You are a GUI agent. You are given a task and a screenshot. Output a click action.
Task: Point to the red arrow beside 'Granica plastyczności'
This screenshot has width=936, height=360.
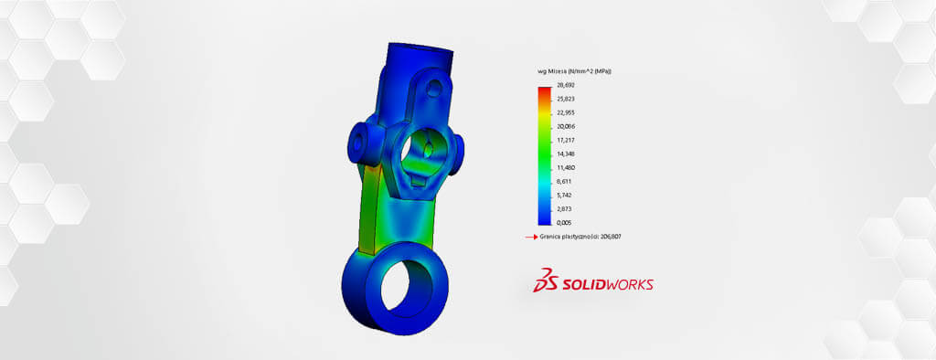coord(529,237)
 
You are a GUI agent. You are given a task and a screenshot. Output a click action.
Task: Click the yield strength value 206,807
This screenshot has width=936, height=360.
coord(610,237)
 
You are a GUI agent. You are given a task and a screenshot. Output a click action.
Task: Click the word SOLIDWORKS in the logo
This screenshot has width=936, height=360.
coord(612,284)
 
